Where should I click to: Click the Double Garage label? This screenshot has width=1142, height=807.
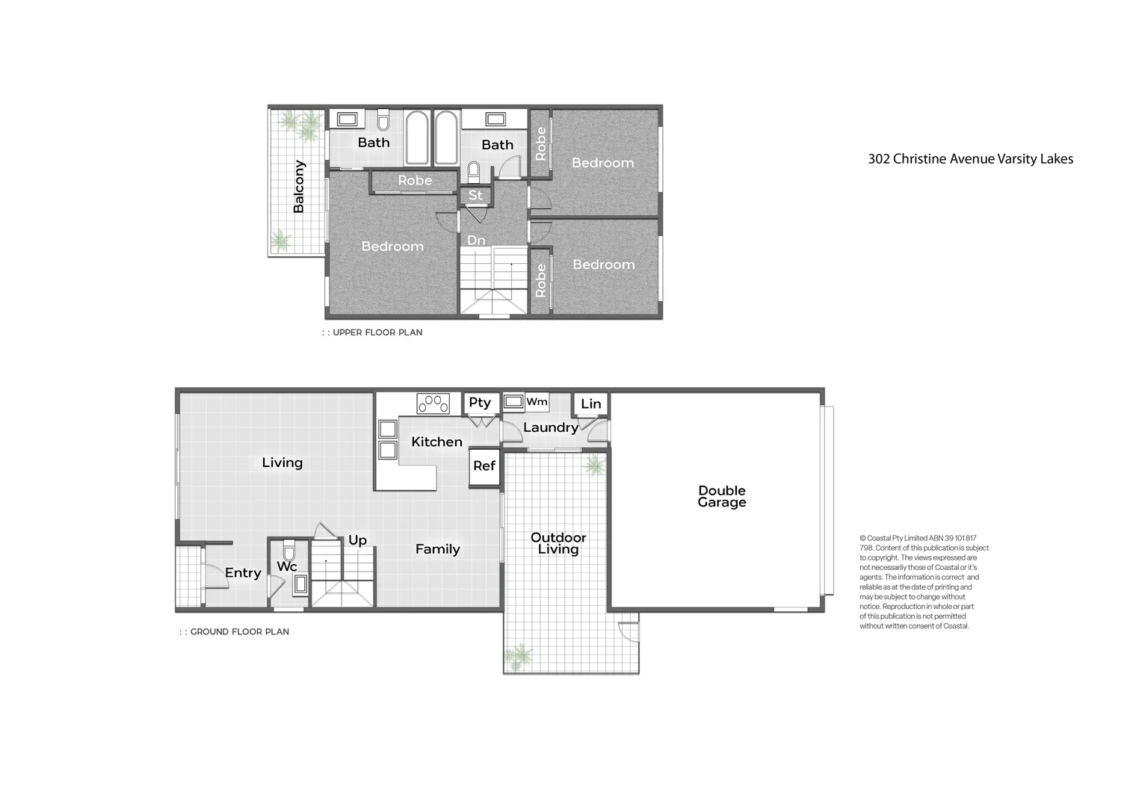point(721,497)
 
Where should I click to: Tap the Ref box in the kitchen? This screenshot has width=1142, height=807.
point(484,466)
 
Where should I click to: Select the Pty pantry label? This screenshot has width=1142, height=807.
point(480,403)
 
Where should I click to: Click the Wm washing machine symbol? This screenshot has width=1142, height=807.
point(514,402)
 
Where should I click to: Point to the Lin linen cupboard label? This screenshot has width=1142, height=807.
point(590,404)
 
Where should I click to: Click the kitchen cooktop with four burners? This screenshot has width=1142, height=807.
point(433,403)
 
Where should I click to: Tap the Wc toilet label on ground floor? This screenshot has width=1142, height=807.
point(287,567)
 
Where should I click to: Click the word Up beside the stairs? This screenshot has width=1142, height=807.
point(357,540)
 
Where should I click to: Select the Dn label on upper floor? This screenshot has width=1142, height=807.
point(476,241)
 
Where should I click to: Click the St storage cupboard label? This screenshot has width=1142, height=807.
point(475,196)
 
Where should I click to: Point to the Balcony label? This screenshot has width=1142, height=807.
point(299,187)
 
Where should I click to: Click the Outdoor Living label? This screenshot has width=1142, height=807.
point(558,543)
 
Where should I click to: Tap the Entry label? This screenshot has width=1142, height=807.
point(243,573)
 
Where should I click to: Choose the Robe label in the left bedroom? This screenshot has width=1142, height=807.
point(415,181)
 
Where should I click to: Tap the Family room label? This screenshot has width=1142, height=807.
point(437,549)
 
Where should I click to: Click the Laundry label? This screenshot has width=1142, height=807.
point(550,427)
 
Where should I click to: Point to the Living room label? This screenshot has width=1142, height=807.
point(282,463)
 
